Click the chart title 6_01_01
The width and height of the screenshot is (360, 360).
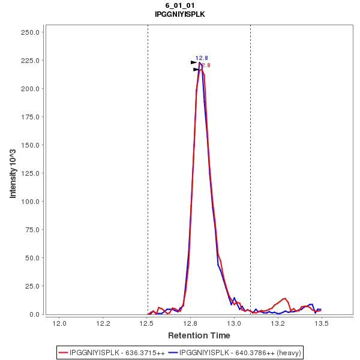(x=180, y=5)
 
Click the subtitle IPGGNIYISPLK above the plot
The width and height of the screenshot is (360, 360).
(x=180, y=14)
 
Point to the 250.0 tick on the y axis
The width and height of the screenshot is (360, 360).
(x=31, y=32)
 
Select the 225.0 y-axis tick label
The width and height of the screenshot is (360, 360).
(x=31, y=61)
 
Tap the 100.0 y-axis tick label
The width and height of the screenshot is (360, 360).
(x=31, y=202)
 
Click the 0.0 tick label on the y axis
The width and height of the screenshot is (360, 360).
(x=35, y=314)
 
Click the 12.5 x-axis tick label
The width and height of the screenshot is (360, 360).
(x=147, y=324)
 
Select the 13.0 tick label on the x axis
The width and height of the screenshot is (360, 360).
(x=234, y=324)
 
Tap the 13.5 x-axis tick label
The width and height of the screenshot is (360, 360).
(x=322, y=324)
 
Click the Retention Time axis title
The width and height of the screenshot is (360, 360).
(x=199, y=335)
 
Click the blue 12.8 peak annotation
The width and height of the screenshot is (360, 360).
(x=202, y=58)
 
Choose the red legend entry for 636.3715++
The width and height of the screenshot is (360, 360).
(x=112, y=352)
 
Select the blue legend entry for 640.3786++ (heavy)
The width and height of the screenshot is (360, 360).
(x=235, y=352)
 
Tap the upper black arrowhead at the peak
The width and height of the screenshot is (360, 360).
(x=194, y=62)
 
